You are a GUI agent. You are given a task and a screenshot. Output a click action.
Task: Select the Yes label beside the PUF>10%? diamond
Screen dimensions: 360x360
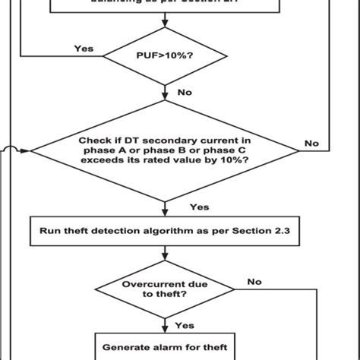pos(84,48)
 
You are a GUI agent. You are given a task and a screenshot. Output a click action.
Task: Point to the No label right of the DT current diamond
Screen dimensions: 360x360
pos(311,142)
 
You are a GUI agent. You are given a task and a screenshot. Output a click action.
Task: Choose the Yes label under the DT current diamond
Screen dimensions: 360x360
pos(198,207)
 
